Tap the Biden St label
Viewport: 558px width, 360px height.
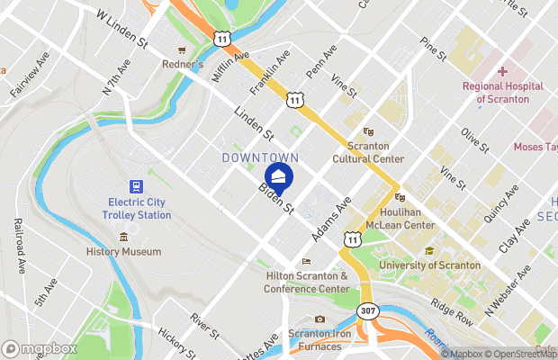276,199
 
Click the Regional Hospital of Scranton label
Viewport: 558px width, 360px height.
502,93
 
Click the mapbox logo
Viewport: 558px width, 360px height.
39,348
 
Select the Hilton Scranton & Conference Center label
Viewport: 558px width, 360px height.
306,283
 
